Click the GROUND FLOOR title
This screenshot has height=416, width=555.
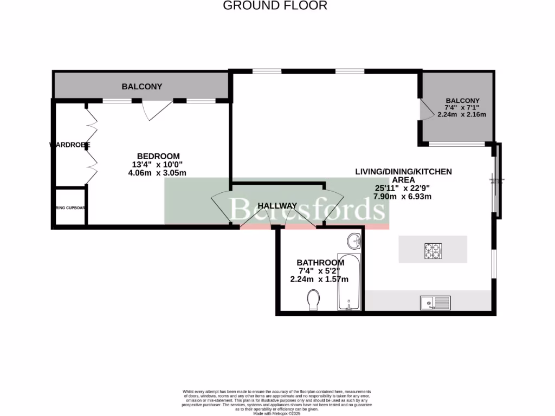coord(275,6)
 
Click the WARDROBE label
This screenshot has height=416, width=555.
coord(70,145)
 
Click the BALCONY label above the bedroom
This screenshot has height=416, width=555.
coord(142,87)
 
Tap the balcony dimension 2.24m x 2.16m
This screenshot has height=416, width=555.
coord(462,114)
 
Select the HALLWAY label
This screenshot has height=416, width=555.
coord(277,206)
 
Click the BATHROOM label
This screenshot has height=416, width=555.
coord(321,262)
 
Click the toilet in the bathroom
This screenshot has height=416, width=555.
coord(313,300)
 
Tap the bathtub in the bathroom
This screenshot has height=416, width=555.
coord(348,282)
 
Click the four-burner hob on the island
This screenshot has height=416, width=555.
coord(433,250)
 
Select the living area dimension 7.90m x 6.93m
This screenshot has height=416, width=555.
coord(403,197)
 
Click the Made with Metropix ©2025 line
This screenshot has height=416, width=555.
coord(277,413)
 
